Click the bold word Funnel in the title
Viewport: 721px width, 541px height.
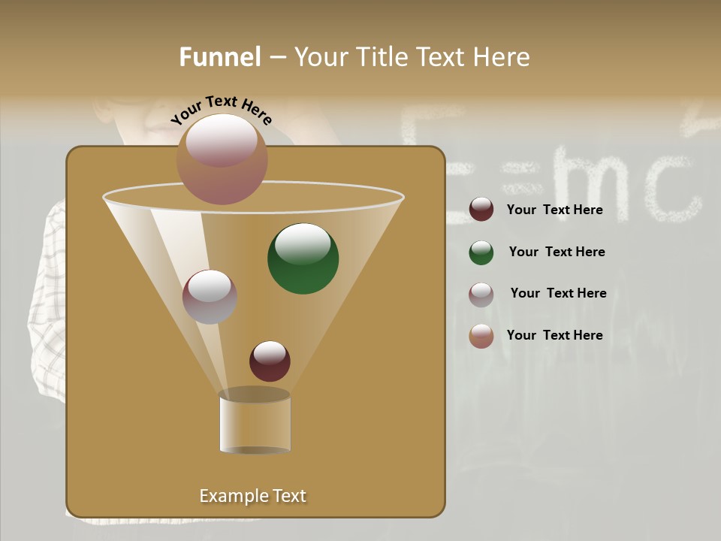click(220, 57)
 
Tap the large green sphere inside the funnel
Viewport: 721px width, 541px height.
click(303, 258)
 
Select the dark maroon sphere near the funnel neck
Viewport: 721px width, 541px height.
click(270, 361)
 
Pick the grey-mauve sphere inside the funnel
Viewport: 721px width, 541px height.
click(210, 297)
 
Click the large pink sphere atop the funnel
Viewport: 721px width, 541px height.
click(222, 159)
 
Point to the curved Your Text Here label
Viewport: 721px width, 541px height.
click(222, 110)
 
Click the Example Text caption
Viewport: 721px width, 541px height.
click(253, 496)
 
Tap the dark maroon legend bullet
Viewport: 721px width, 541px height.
click(481, 210)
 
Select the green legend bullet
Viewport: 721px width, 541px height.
click(481, 252)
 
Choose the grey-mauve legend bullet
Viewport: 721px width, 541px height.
click(481, 295)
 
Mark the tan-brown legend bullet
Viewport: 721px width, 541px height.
click(481, 336)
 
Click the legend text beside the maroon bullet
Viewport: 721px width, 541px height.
click(554, 210)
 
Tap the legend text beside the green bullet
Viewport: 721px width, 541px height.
click(557, 252)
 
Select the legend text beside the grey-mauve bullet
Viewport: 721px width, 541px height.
click(558, 293)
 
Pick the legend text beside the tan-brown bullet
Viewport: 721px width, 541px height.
click(554, 335)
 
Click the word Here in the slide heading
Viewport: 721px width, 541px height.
click(503, 57)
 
